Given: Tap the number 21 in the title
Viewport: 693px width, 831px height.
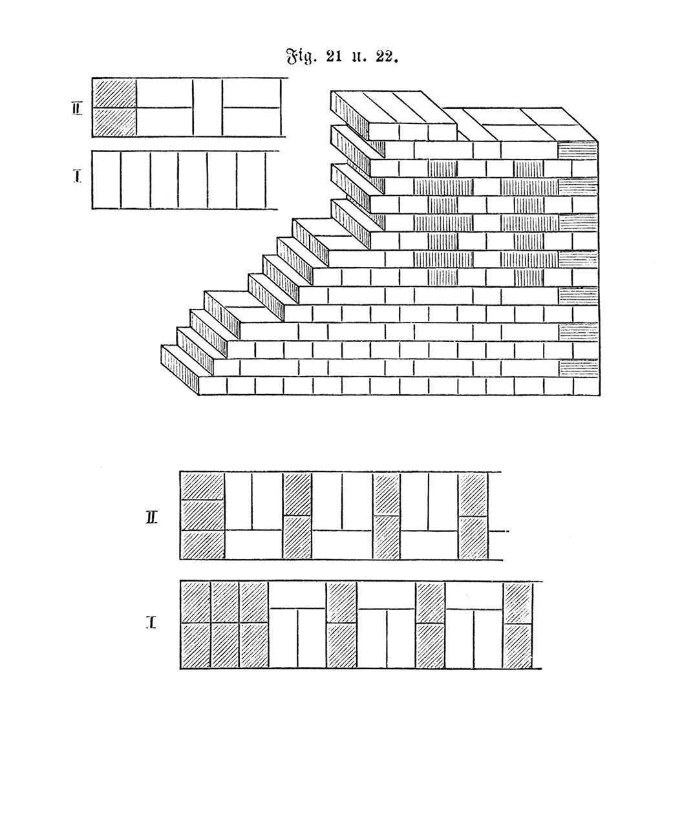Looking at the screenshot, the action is click(x=334, y=56).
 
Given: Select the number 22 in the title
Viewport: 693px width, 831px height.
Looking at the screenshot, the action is click(x=385, y=56).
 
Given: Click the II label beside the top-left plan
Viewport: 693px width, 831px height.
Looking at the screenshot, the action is click(x=77, y=109).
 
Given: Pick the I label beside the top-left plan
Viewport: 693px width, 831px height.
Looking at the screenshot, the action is click(x=78, y=176).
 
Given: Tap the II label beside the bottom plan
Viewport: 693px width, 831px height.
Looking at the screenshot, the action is click(x=151, y=518).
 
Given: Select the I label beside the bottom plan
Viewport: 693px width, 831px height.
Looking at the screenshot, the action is click(x=151, y=622).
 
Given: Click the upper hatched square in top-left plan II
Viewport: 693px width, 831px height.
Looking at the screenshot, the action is click(x=114, y=94).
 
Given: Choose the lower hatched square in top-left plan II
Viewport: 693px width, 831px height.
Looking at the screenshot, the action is click(x=114, y=122).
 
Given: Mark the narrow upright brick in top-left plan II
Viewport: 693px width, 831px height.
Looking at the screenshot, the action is click(x=208, y=108).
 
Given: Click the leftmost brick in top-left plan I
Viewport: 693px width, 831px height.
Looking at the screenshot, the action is click(x=107, y=180).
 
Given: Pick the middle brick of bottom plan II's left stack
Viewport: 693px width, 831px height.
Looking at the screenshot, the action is click(x=203, y=515).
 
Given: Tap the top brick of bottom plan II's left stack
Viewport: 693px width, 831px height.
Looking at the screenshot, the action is click(x=203, y=486).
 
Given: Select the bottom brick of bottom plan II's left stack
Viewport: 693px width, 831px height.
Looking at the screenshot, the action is click(x=203, y=545).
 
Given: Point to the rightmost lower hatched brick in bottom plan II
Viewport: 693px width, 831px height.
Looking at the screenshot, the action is click(x=473, y=538).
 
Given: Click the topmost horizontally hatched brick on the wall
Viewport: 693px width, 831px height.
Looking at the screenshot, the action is click(x=578, y=151).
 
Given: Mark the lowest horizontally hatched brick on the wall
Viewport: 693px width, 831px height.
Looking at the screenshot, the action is click(x=578, y=368).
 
